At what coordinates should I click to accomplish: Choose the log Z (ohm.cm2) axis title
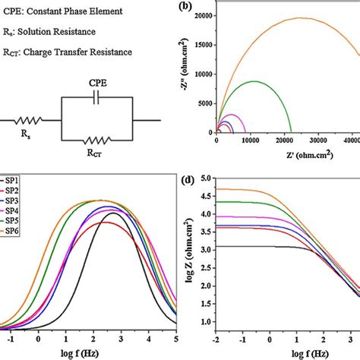188,251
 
